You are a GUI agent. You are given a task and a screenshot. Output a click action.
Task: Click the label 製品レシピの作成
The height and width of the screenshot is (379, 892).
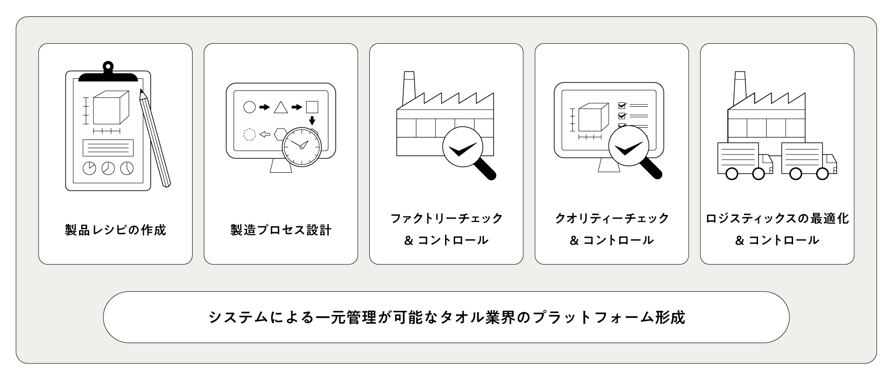point(115,230)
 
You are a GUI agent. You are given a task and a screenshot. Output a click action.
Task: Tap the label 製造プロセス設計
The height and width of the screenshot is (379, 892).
point(281,230)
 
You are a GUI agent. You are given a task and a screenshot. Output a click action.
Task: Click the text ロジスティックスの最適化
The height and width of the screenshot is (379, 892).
point(777,219)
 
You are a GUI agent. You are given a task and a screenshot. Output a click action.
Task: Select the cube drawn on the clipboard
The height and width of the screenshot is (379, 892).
point(110,107)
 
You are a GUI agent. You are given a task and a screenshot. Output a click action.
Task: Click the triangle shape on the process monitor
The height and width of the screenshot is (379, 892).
point(281,107)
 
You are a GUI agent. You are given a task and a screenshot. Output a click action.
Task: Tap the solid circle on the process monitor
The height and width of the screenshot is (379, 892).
point(249,107)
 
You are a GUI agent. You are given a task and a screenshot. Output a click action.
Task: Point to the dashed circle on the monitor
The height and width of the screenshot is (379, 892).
point(249,135)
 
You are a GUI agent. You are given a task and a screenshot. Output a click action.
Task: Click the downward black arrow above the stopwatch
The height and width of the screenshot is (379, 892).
point(312,120)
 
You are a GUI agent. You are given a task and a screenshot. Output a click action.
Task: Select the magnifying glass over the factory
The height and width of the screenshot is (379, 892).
point(463,148)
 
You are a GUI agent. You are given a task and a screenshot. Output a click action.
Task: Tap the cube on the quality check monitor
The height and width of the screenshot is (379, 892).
point(593,117)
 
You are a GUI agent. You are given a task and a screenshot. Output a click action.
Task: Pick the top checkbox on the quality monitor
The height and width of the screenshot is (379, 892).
point(622,105)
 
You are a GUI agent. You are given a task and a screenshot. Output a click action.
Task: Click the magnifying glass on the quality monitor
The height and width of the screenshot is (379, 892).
point(629,148)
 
